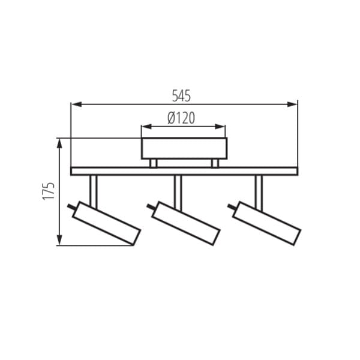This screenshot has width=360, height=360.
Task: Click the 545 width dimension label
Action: [x=181, y=96]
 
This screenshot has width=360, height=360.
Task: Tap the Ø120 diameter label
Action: [x=181, y=118]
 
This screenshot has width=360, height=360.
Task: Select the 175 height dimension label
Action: [x=49, y=191]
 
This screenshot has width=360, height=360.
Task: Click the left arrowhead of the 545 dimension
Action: [x=77, y=104]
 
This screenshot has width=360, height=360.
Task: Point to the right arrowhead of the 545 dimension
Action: [x=292, y=104]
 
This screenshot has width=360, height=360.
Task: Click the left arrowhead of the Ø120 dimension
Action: [x=146, y=127]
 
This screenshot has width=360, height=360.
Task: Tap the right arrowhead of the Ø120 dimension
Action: [x=220, y=127]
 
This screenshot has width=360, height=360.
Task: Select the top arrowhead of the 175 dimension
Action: [x=59, y=144]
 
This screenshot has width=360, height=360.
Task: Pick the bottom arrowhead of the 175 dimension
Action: [x=59, y=240]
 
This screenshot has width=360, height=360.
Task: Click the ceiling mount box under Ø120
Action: [x=184, y=148]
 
